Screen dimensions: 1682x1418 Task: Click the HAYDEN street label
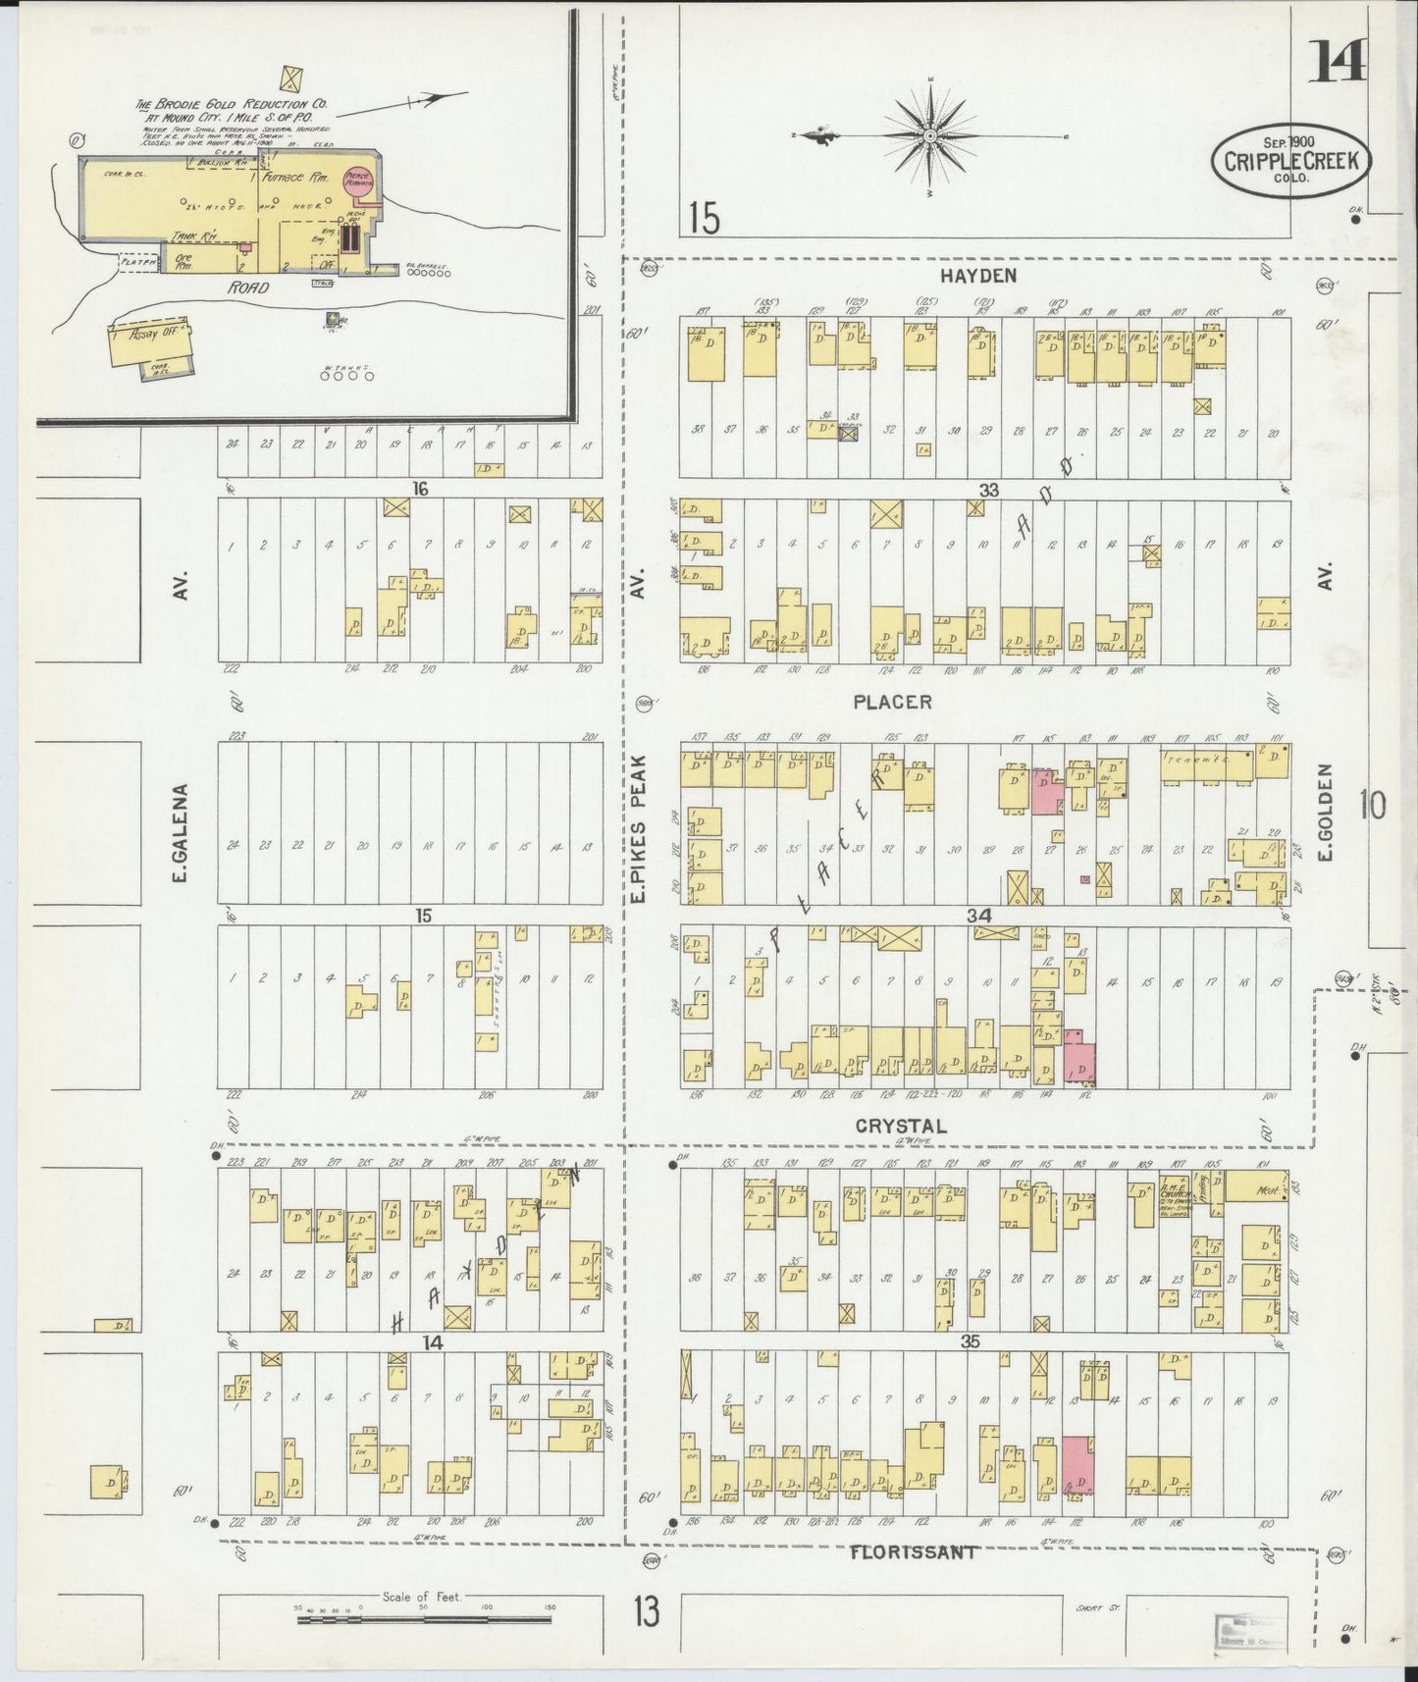(x=975, y=276)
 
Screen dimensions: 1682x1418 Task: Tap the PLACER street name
(x=891, y=702)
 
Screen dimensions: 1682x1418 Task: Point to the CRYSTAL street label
(x=900, y=1127)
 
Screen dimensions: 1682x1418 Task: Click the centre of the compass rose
(x=928, y=134)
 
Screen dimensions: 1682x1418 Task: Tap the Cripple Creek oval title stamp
(x=1289, y=160)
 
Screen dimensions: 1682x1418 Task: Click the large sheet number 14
(x=1336, y=64)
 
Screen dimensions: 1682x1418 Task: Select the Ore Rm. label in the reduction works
(x=184, y=261)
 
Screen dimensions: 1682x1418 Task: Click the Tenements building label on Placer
(x=1191, y=760)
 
